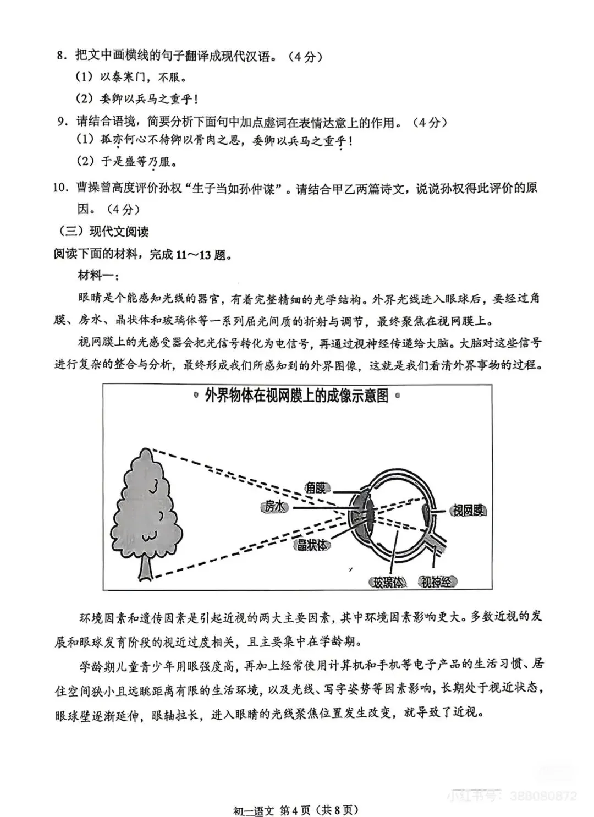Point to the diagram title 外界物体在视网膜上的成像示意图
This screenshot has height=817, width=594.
click(296, 396)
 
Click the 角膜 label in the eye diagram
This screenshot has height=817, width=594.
click(316, 487)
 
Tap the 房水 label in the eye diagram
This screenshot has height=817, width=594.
click(274, 506)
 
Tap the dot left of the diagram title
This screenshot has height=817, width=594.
click(196, 395)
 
